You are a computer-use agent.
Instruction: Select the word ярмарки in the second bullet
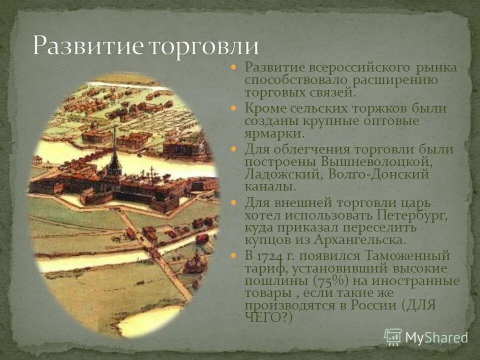273,133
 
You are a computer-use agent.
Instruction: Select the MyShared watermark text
436,338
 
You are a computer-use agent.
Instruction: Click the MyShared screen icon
393,337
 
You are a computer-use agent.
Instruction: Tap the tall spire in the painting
114,150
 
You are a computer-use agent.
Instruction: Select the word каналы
270,186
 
